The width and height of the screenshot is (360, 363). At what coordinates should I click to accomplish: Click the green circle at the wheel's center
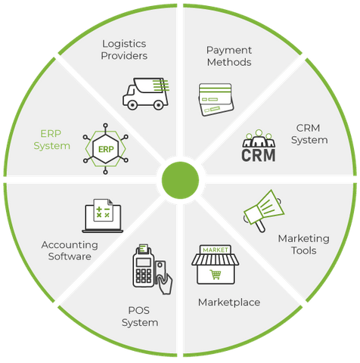click(x=180, y=180)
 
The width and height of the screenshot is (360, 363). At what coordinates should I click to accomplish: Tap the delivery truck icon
click(x=146, y=94)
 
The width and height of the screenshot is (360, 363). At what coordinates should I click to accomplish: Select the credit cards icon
click(x=216, y=100)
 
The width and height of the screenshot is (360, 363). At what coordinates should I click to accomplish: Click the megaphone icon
click(x=263, y=211)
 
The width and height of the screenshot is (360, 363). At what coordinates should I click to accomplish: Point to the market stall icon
click(x=216, y=265)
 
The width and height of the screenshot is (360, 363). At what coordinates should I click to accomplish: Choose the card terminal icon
click(x=152, y=268)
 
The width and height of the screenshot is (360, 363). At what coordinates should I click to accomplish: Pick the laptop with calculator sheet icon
click(x=103, y=216)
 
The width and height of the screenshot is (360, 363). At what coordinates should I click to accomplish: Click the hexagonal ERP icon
click(x=106, y=149)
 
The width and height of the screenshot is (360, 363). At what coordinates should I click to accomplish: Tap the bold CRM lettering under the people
click(x=259, y=155)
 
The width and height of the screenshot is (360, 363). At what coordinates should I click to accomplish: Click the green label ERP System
click(x=51, y=140)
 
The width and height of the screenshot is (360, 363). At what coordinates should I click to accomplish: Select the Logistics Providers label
click(x=124, y=50)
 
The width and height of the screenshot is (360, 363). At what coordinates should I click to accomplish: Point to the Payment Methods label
click(x=229, y=56)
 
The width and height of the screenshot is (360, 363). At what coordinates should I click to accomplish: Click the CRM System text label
click(x=309, y=134)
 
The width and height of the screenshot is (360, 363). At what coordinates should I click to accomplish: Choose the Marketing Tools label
click(x=303, y=244)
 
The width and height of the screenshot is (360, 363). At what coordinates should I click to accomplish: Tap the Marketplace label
click(x=229, y=302)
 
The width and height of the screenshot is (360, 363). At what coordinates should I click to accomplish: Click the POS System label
click(x=140, y=317)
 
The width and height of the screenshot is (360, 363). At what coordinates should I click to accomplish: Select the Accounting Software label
click(x=70, y=250)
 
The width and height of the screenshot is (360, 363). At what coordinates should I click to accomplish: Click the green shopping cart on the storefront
click(x=216, y=275)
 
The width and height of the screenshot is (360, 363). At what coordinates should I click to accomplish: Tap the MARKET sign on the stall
click(x=216, y=250)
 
